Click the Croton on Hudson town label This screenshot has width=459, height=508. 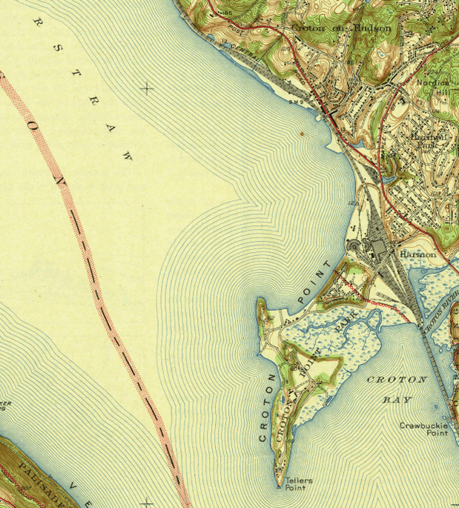[x=342, y=28]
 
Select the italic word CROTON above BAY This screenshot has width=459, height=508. [x=397, y=380]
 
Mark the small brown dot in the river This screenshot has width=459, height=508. [x=302, y=133]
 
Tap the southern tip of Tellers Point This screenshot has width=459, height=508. [x=280, y=486]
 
